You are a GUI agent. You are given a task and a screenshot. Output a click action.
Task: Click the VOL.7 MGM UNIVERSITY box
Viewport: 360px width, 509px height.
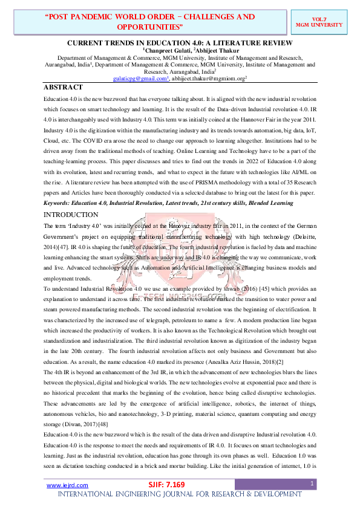click(x=327, y=22)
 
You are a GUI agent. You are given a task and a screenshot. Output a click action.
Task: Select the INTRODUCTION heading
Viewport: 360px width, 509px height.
click(x=71, y=214)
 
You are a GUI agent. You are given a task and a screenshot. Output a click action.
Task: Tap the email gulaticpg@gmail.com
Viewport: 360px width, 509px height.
click(x=139, y=79)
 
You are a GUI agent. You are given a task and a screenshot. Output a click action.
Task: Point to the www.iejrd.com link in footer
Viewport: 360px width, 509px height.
click(x=59, y=485)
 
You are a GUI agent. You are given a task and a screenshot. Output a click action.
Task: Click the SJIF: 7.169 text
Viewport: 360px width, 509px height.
click(x=166, y=485)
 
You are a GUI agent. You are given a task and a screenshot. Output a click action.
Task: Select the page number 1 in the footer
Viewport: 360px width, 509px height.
click(x=312, y=484)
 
